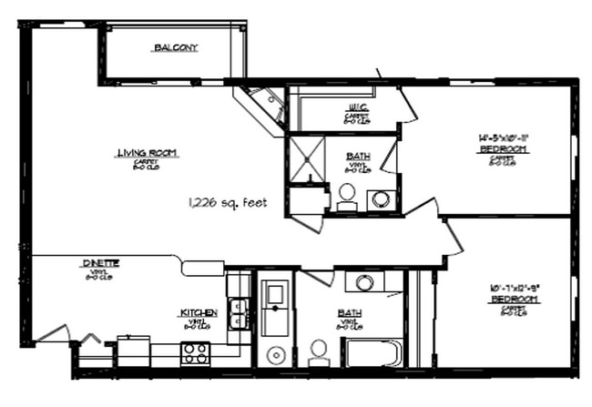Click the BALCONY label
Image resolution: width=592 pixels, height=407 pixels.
[176, 47]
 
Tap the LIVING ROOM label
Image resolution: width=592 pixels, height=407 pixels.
[147, 152]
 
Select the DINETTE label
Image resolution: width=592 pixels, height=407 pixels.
[101, 262]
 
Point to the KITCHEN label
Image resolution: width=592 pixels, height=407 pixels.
[198, 313]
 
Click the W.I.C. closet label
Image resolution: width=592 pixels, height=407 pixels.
[356, 107]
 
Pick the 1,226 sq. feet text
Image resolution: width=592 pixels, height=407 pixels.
[228, 202]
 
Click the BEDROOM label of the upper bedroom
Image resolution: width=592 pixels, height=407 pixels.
[504, 148]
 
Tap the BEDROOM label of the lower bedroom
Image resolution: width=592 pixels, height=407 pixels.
[507, 299]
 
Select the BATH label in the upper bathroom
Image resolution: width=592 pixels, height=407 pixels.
[358, 156]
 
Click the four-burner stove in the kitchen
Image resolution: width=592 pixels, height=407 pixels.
[196, 352]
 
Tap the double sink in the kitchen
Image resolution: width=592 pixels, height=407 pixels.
[238, 312]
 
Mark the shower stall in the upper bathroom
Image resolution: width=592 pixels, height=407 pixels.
[306, 158]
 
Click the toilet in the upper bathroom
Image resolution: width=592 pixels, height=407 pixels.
[347, 197]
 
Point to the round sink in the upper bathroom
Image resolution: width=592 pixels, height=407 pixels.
[382, 198]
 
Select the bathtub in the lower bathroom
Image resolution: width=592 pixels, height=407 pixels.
[372, 351]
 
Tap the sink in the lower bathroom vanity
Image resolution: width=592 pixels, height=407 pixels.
[364, 281]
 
